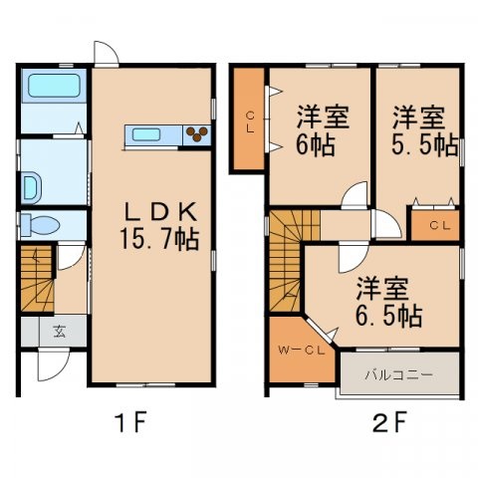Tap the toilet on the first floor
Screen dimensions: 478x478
coord(40,223)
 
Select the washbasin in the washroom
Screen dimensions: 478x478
coord(32,184)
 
